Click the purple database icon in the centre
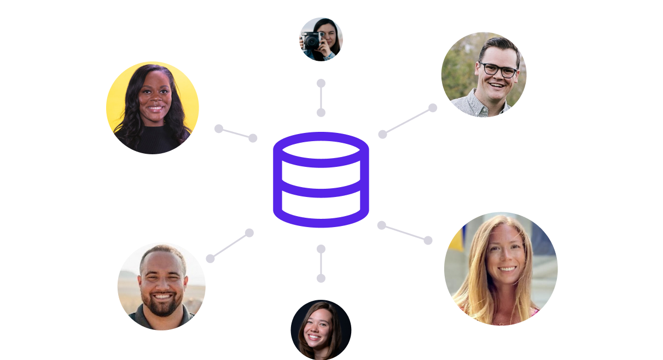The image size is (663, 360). click(x=321, y=180)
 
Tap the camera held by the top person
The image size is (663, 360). click(x=313, y=40)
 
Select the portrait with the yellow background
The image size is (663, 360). click(x=153, y=108)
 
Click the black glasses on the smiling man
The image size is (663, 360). click(x=498, y=69)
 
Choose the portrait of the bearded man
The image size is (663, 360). click(x=161, y=286)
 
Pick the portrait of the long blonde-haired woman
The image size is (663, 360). click(x=501, y=269)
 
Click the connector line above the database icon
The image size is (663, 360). click(x=321, y=98)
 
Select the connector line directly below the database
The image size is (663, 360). click(x=321, y=264)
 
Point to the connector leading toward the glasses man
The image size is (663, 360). click(x=408, y=121)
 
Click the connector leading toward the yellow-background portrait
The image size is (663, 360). click(x=236, y=133)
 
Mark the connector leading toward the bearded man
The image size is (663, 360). click(x=230, y=246)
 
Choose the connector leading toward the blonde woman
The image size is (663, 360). click(x=405, y=233)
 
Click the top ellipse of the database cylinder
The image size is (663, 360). click(x=321, y=149)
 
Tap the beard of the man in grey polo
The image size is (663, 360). click(x=162, y=304)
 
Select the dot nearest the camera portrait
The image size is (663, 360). click(x=321, y=83)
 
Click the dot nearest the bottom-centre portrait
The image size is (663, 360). click(x=321, y=278)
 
